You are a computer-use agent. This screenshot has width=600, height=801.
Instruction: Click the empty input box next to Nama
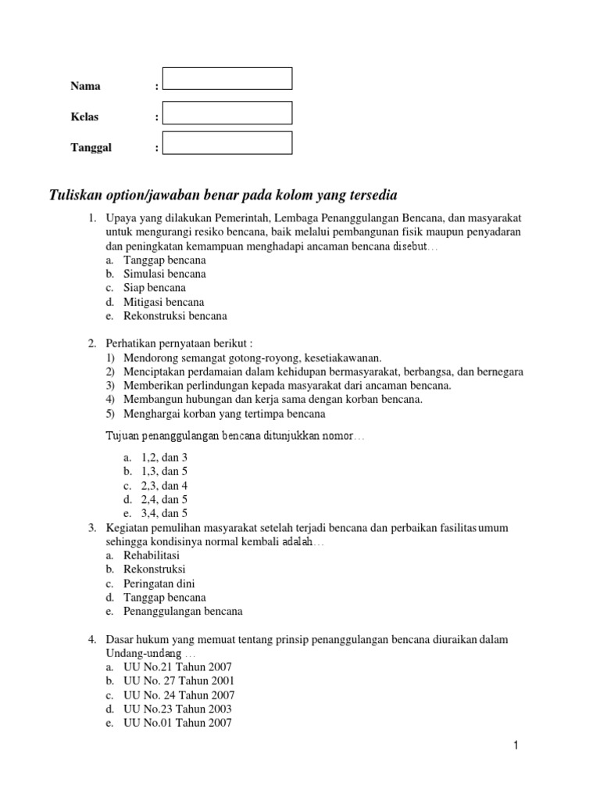click(227, 78)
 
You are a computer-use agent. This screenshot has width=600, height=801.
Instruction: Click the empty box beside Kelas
click(227, 113)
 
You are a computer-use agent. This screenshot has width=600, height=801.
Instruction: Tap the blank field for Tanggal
click(227, 143)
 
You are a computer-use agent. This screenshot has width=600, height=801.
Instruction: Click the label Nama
click(85, 86)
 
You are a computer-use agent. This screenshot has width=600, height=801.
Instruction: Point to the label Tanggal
click(91, 147)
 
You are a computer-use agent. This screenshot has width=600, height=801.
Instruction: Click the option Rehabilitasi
click(152, 555)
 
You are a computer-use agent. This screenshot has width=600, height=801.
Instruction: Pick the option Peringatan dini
click(159, 583)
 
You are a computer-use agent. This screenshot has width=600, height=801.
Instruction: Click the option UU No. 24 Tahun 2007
click(179, 695)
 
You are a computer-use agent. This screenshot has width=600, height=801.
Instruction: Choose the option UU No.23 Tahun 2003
click(177, 709)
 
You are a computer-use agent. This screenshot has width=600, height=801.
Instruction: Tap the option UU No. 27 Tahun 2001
click(179, 681)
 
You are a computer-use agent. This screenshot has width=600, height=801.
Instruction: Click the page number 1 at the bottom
click(516, 745)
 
